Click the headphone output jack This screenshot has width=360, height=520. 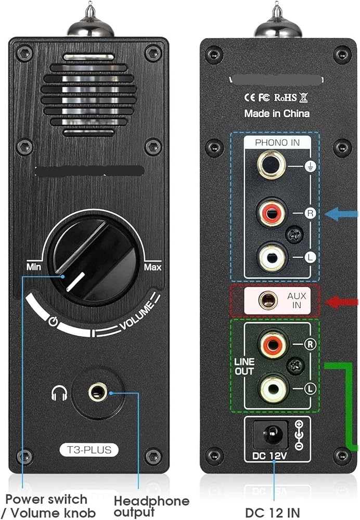coord(97,392)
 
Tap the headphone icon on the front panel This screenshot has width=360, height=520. coord(59,394)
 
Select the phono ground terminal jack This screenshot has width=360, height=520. coord(271,165)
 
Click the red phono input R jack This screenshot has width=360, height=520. coord(271,213)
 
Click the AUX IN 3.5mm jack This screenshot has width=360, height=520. coord(268,300)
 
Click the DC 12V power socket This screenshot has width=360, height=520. coord(271,433)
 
